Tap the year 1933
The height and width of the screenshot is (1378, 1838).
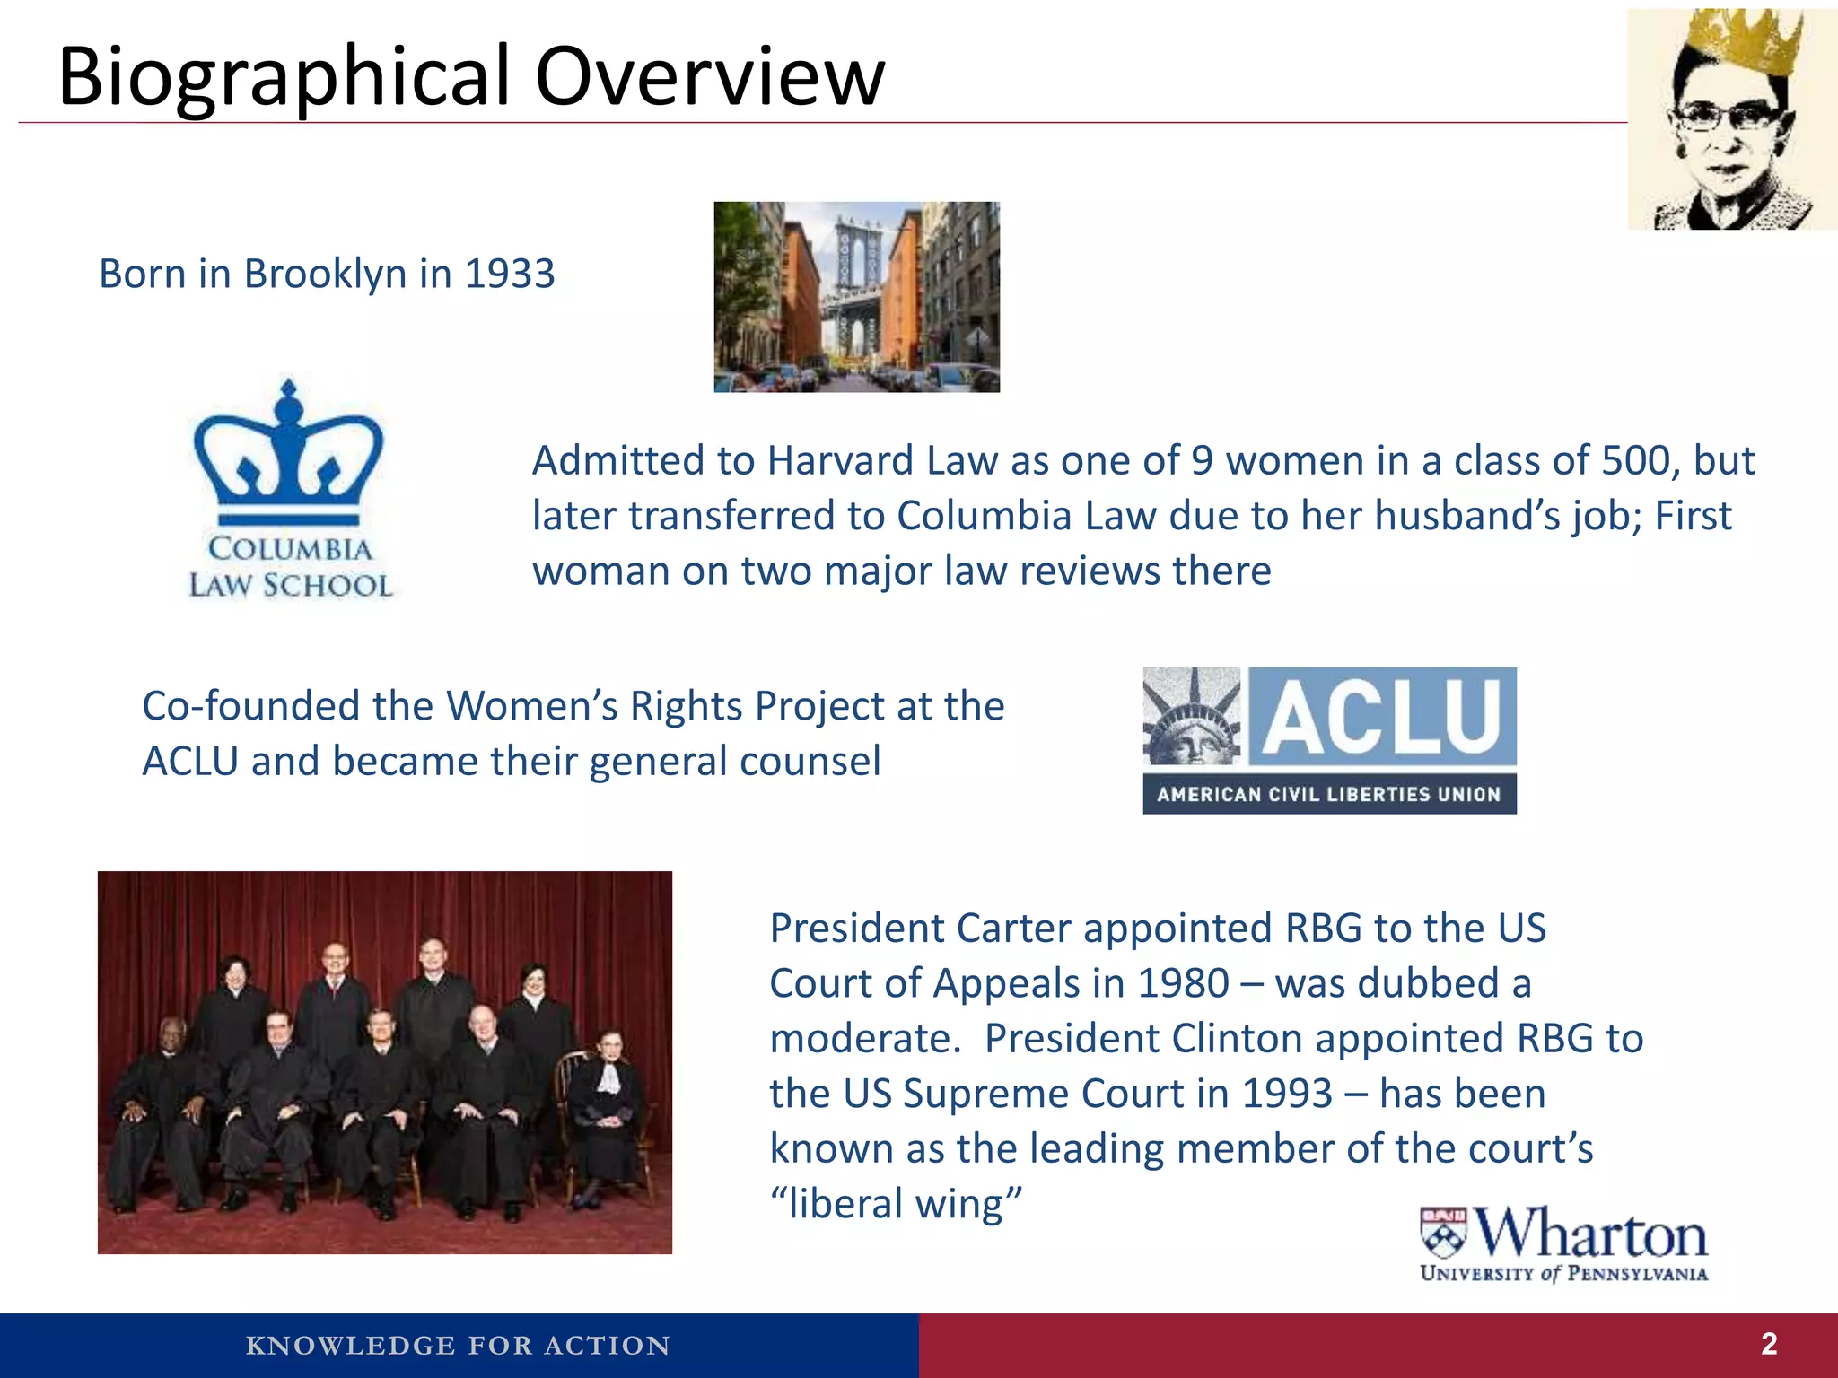tap(510, 274)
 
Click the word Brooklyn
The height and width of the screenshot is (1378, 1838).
tap(325, 274)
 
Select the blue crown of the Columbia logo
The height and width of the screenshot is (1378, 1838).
tap(288, 453)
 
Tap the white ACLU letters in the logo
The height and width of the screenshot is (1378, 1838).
tap(1381, 717)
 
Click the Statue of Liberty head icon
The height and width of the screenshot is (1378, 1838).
tap(1192, 718)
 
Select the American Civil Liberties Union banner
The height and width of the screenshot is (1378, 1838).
tap(1328, 795)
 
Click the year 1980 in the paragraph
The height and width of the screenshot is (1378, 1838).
tap(1183, 984)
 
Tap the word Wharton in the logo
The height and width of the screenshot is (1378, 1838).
tap(1591, 1234)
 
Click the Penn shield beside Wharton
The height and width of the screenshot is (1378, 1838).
tap(1443, 1234)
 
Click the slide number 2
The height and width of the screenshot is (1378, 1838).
tap(1769, 1344)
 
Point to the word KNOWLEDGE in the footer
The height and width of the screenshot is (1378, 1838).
tap(350, 1346)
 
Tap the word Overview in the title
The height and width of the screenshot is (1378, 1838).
tap(710, 77)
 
